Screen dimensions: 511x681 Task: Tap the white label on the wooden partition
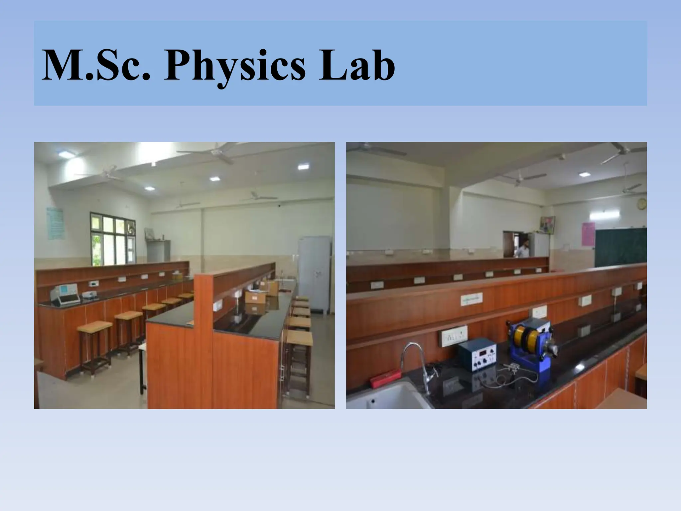(x=472, y=299)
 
